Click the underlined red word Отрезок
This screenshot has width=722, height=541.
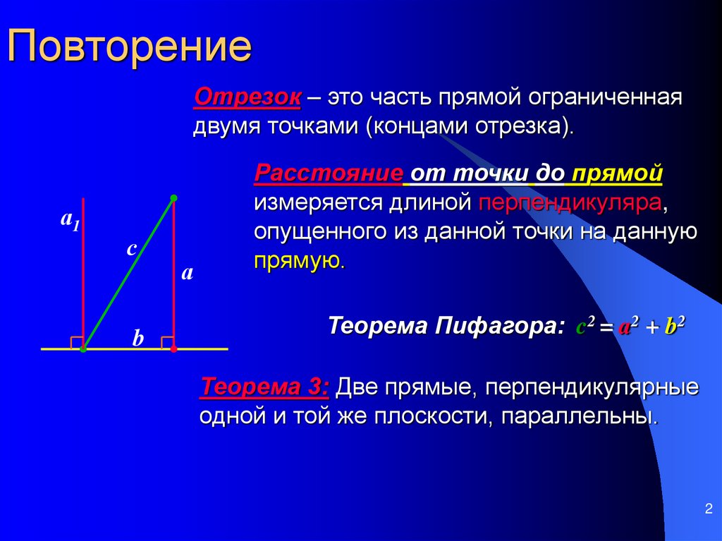click(x=247, y=97)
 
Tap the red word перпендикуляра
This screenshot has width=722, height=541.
click(x=570, y=203)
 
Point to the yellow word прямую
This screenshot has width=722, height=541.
click(x=298, y=261)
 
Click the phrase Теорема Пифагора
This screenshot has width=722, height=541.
click(x=446, y=327)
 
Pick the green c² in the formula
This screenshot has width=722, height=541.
click(x=586, y=326)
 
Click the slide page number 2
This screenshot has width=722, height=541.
click(x=707, y=509)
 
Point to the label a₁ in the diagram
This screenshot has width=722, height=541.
click(x=69, y=220)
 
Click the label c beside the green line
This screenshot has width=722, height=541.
click(x=130, y=248)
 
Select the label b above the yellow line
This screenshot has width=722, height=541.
click(x=138, y=339)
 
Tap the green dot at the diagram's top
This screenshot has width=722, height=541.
click(x=173, y=198)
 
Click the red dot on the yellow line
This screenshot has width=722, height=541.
click(x=173, y=348)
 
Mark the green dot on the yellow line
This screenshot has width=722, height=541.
click(x=83, y=348)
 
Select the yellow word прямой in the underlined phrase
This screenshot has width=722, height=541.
click(x=617, y=174)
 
